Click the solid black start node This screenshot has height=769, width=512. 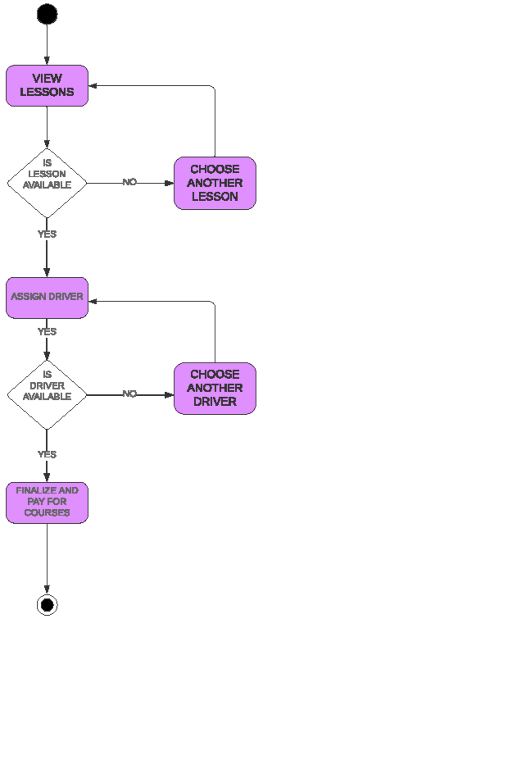click(47, 14)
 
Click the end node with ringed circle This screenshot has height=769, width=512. click(47, 605)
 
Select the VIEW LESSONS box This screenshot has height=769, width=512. click(47, 85)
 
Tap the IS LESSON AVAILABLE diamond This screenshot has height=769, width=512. click(47, 183)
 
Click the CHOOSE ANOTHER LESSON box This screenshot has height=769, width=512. click(215, 183)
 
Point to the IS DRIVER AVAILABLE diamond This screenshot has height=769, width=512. click(47, 395)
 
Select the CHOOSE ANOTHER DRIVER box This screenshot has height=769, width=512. click(215, 388)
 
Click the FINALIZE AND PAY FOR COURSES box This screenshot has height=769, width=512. click(47, 502)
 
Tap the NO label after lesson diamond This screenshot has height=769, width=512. click(129, 182)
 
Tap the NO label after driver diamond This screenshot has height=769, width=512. click(129, 394)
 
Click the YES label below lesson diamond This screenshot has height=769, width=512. click(47, 234)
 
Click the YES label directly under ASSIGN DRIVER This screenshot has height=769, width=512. click(47, 332)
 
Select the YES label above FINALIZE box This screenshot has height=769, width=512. click(47, 454)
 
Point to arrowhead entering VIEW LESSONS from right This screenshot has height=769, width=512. click(93, 86)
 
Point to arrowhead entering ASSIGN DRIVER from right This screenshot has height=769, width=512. click(93, 301)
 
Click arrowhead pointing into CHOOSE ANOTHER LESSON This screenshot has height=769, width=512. click(169, 183)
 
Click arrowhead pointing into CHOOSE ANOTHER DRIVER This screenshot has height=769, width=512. click(169, 395)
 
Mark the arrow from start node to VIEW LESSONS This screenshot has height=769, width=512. click(47, 43)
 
